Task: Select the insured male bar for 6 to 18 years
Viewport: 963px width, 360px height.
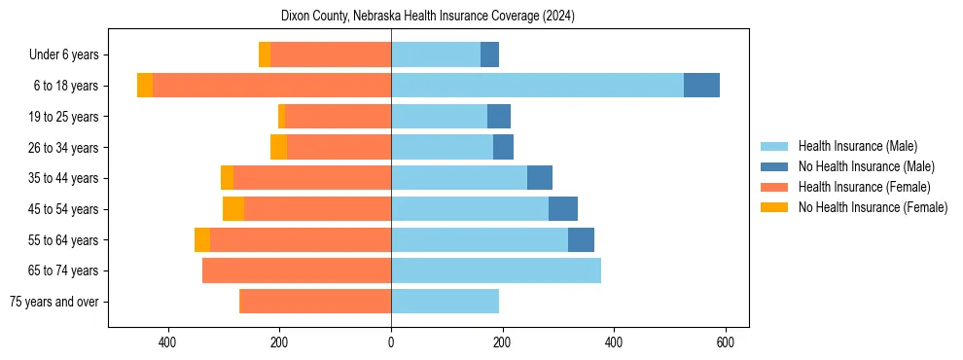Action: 537,86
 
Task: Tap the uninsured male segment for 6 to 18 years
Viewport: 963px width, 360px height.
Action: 701,86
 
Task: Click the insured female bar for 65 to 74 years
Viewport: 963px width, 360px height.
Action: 297,270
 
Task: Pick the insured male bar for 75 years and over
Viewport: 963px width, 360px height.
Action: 445,302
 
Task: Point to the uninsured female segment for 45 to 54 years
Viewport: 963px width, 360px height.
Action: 233,209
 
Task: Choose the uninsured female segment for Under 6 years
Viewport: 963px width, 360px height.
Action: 265,54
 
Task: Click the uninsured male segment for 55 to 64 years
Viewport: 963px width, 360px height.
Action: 581,240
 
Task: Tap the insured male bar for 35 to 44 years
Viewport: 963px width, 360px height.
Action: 459,178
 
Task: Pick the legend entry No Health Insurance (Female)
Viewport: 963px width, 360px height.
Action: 873,207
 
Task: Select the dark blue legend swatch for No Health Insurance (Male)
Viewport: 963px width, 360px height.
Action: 775,166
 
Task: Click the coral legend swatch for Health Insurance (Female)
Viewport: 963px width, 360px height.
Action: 775,187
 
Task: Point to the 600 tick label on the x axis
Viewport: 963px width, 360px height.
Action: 725,342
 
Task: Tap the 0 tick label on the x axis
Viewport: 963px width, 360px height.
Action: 391,342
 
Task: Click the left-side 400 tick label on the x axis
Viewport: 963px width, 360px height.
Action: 167,342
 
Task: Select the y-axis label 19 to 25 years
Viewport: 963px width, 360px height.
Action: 63,117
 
